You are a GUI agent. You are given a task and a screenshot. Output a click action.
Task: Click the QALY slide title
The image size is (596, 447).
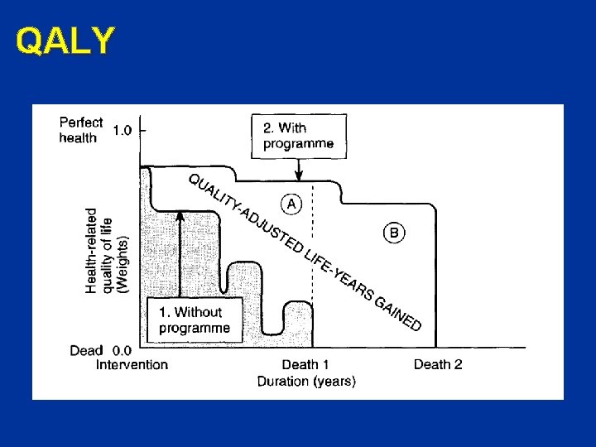tap(64, 41)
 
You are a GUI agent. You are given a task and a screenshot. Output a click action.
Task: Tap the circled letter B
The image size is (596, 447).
tap(394, 233)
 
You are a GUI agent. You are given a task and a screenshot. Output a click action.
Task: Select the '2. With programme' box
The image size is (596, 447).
tap(299, 136)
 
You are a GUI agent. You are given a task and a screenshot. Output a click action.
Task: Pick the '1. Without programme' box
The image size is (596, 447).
tap(195, 320)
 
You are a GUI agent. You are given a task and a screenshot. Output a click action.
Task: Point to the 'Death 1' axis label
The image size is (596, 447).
tap(305, 365)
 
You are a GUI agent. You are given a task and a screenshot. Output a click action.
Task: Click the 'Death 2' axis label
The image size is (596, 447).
tap(438, 365)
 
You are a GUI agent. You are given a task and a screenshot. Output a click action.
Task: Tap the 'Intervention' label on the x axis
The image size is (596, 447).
tap(132, 365)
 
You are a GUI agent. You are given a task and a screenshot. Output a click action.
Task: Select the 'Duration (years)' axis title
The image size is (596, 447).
tap(306, 382)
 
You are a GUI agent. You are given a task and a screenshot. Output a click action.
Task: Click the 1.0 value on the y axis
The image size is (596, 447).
tap(122, 130)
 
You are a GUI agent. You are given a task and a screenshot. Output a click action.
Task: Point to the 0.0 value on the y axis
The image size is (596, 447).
tap(121, 351)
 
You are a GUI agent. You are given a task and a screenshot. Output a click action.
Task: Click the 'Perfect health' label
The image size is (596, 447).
tap(81, 130)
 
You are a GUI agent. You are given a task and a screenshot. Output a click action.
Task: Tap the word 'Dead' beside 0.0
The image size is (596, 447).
tap(86, 351)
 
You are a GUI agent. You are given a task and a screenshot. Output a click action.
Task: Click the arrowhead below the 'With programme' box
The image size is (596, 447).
tap(299, 175)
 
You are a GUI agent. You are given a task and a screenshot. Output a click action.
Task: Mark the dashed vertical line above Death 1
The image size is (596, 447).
tap(313, 248)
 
